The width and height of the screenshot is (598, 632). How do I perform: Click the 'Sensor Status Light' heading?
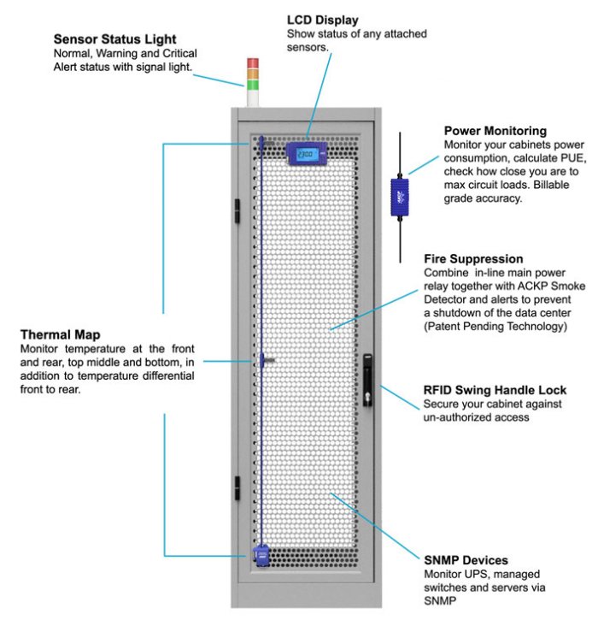point(114,38)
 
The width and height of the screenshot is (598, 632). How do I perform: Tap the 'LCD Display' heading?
point(322,20)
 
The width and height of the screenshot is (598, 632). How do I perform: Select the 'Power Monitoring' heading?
point(495,131)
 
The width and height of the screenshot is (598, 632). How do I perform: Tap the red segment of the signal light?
point(252,63)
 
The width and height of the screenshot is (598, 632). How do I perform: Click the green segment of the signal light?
point(252,84)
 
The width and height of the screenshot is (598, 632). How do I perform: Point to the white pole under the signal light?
point(252,97)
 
